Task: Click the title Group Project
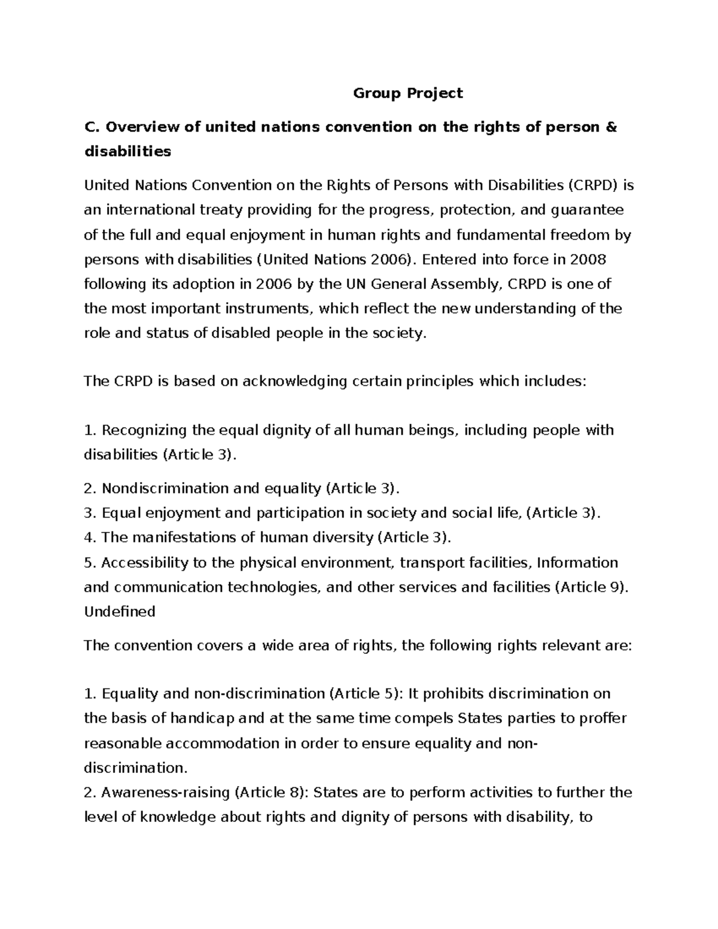click(x=407, y=93)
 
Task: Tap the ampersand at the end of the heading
click(x=611, y=127)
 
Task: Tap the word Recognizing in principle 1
click(x=144, y=430)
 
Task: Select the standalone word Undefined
click(x=119, y=611)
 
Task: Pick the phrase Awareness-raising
click(x=165, y=793)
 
